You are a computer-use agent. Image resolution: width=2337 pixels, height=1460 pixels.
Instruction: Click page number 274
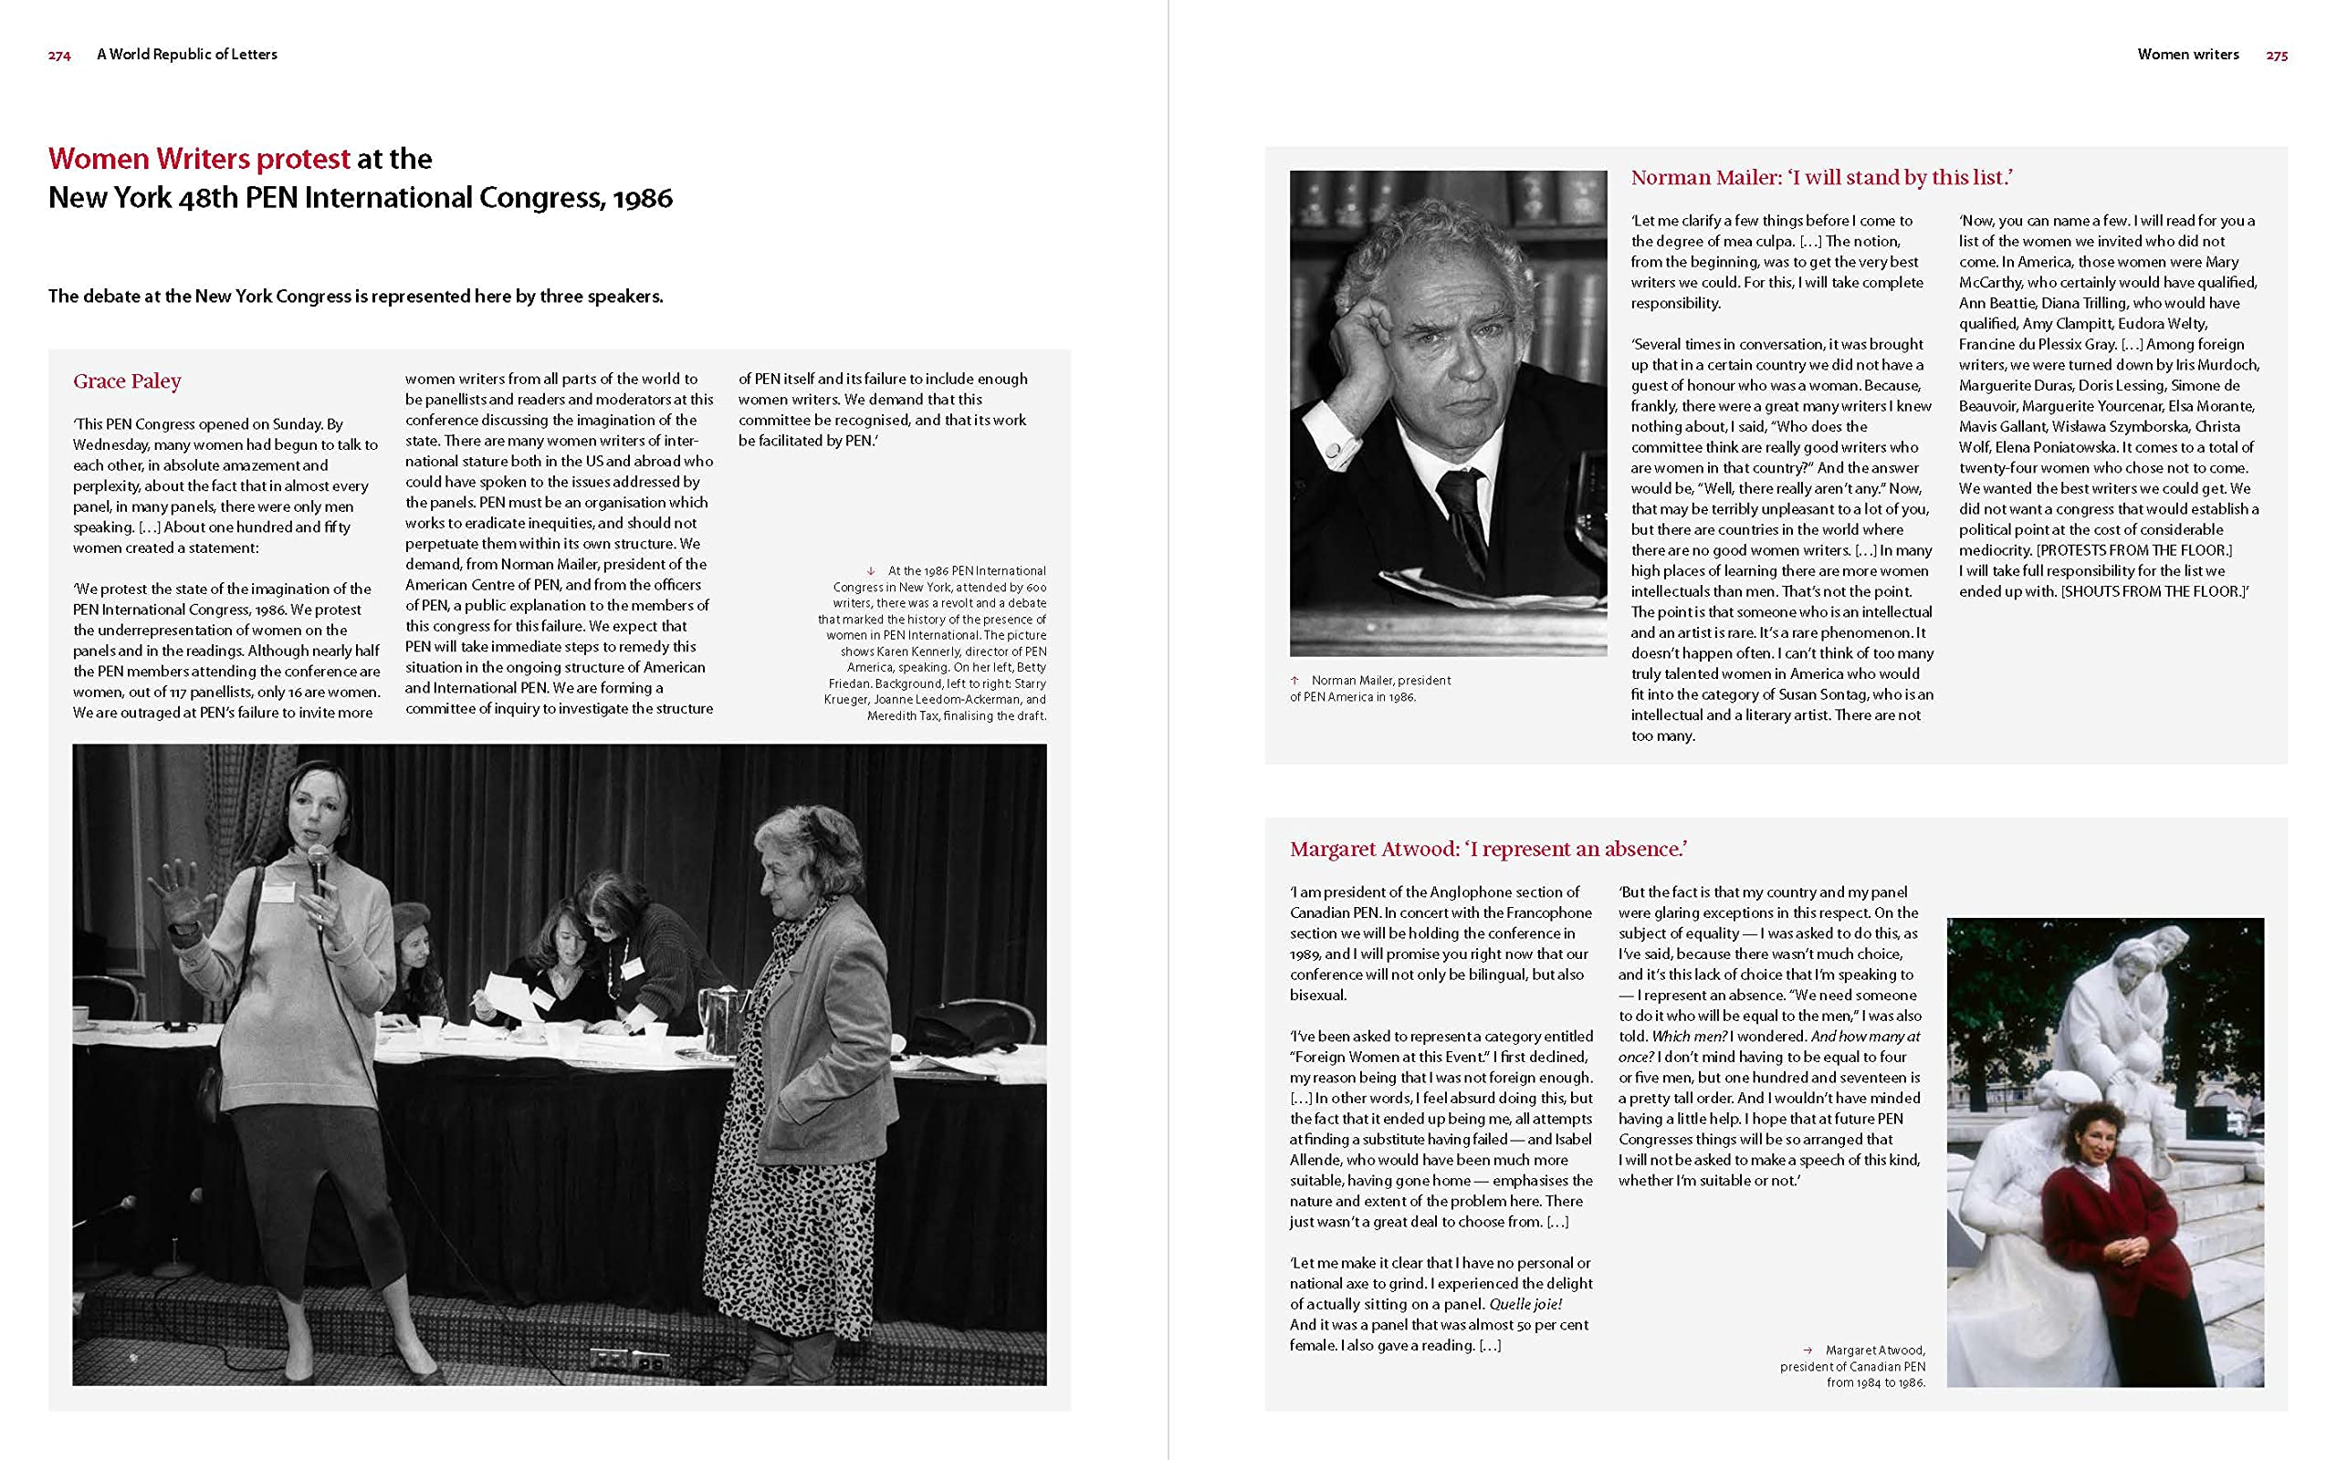click(x=59, y=56)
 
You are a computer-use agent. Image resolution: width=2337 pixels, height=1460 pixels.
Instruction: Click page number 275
click(x=2276, y=56)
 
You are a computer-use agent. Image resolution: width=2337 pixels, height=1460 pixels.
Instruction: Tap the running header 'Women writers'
click(x=2187, y=55)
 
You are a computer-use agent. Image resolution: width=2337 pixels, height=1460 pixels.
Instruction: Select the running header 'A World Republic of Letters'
click(x=186, y=55)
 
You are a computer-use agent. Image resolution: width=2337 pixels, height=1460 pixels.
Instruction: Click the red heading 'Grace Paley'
click(x=127, y=381)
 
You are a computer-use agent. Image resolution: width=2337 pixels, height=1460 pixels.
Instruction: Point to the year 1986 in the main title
click(x=642, y=198)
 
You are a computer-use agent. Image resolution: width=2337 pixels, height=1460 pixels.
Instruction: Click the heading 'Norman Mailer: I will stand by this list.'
click(x=1821, y=178)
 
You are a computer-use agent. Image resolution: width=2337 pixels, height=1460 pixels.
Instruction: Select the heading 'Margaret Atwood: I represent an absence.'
click(x=1488, y=850)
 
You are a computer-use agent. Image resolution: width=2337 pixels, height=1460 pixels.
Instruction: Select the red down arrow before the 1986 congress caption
click(x=871, y=571)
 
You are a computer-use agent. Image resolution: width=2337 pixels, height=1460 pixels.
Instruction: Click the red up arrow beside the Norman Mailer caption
click(x=1295, y=681)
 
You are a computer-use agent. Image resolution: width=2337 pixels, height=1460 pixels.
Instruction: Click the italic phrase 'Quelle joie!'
click(x=1525, y=1305)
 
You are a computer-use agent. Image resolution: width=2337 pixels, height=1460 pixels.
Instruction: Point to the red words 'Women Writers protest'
click(x=199, y=159)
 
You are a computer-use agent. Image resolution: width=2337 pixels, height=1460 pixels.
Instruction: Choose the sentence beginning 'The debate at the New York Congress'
click(x=355, y=297)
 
